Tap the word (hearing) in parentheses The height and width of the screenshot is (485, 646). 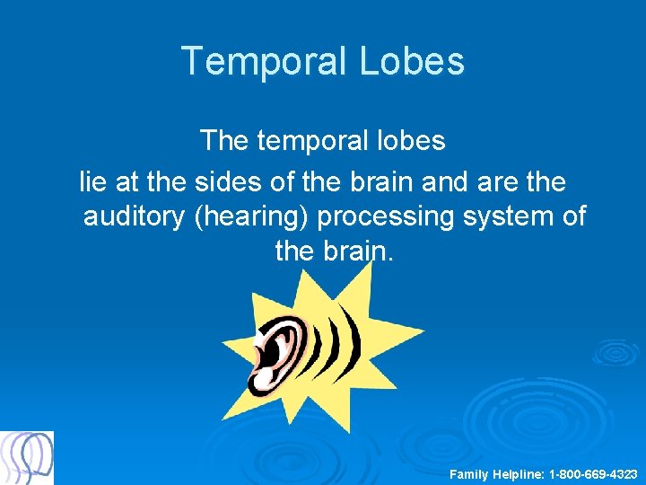(x=251, y=216)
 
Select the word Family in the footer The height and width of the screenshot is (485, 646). (x=467, y=473)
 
